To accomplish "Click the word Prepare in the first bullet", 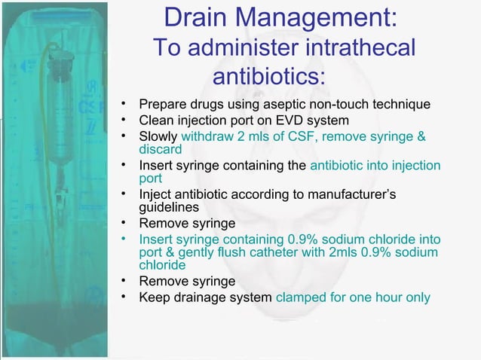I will tap(163, 104).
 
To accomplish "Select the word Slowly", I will tap(157, 136).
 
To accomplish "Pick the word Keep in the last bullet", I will tap(154, 297).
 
